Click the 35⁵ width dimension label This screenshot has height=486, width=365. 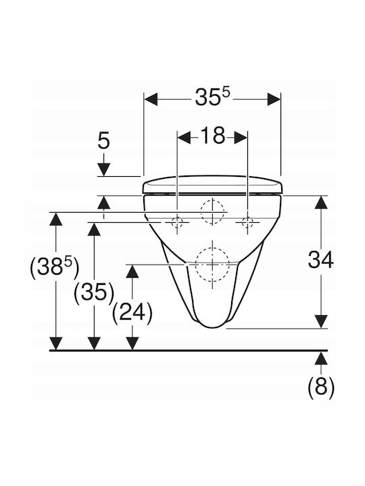pyautogui.click(x=213, y=98)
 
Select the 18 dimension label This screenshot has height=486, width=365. pyautogui.click(x=213, y=136)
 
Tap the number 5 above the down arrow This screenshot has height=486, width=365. pyautogui.click(x=104, y=141)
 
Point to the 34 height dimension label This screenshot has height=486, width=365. pyautogui.click(x=320, y=260)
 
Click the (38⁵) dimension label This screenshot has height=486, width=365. pyautogui.click(x=54, y=267)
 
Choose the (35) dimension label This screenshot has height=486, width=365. pyautogui.click(x=95, y=292)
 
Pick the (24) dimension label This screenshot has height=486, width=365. pyautogui.click(x=132, y=313)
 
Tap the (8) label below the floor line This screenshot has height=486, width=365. pyautogui.click(x=321, y=387)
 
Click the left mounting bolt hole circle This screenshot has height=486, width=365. pyautogui.click(x=177, y=222)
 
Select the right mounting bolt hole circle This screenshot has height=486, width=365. pyautogui.click(x=247, y=222)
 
